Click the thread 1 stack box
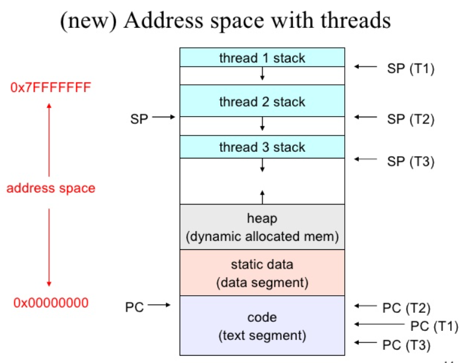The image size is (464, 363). [262, 58]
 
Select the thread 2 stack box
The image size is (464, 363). [262, 101]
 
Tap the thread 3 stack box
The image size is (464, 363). [262, 147]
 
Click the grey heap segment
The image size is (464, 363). [262, 227]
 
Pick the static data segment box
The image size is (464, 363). [262, 273]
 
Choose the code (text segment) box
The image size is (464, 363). [262, 325]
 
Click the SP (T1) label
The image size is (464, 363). [410, 68]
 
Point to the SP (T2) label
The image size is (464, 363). [410, 119]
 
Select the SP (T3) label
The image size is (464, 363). [410, 162]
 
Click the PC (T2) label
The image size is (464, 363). [406, 308]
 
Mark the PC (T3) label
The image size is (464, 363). [406, 345]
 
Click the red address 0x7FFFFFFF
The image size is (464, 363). [51, 88]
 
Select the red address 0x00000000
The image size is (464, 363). [51, 302]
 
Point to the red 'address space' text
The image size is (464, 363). [51, 188]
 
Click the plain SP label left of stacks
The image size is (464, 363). [139, 119]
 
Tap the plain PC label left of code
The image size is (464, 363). [134, 307]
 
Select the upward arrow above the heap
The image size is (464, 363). [262, 196]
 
